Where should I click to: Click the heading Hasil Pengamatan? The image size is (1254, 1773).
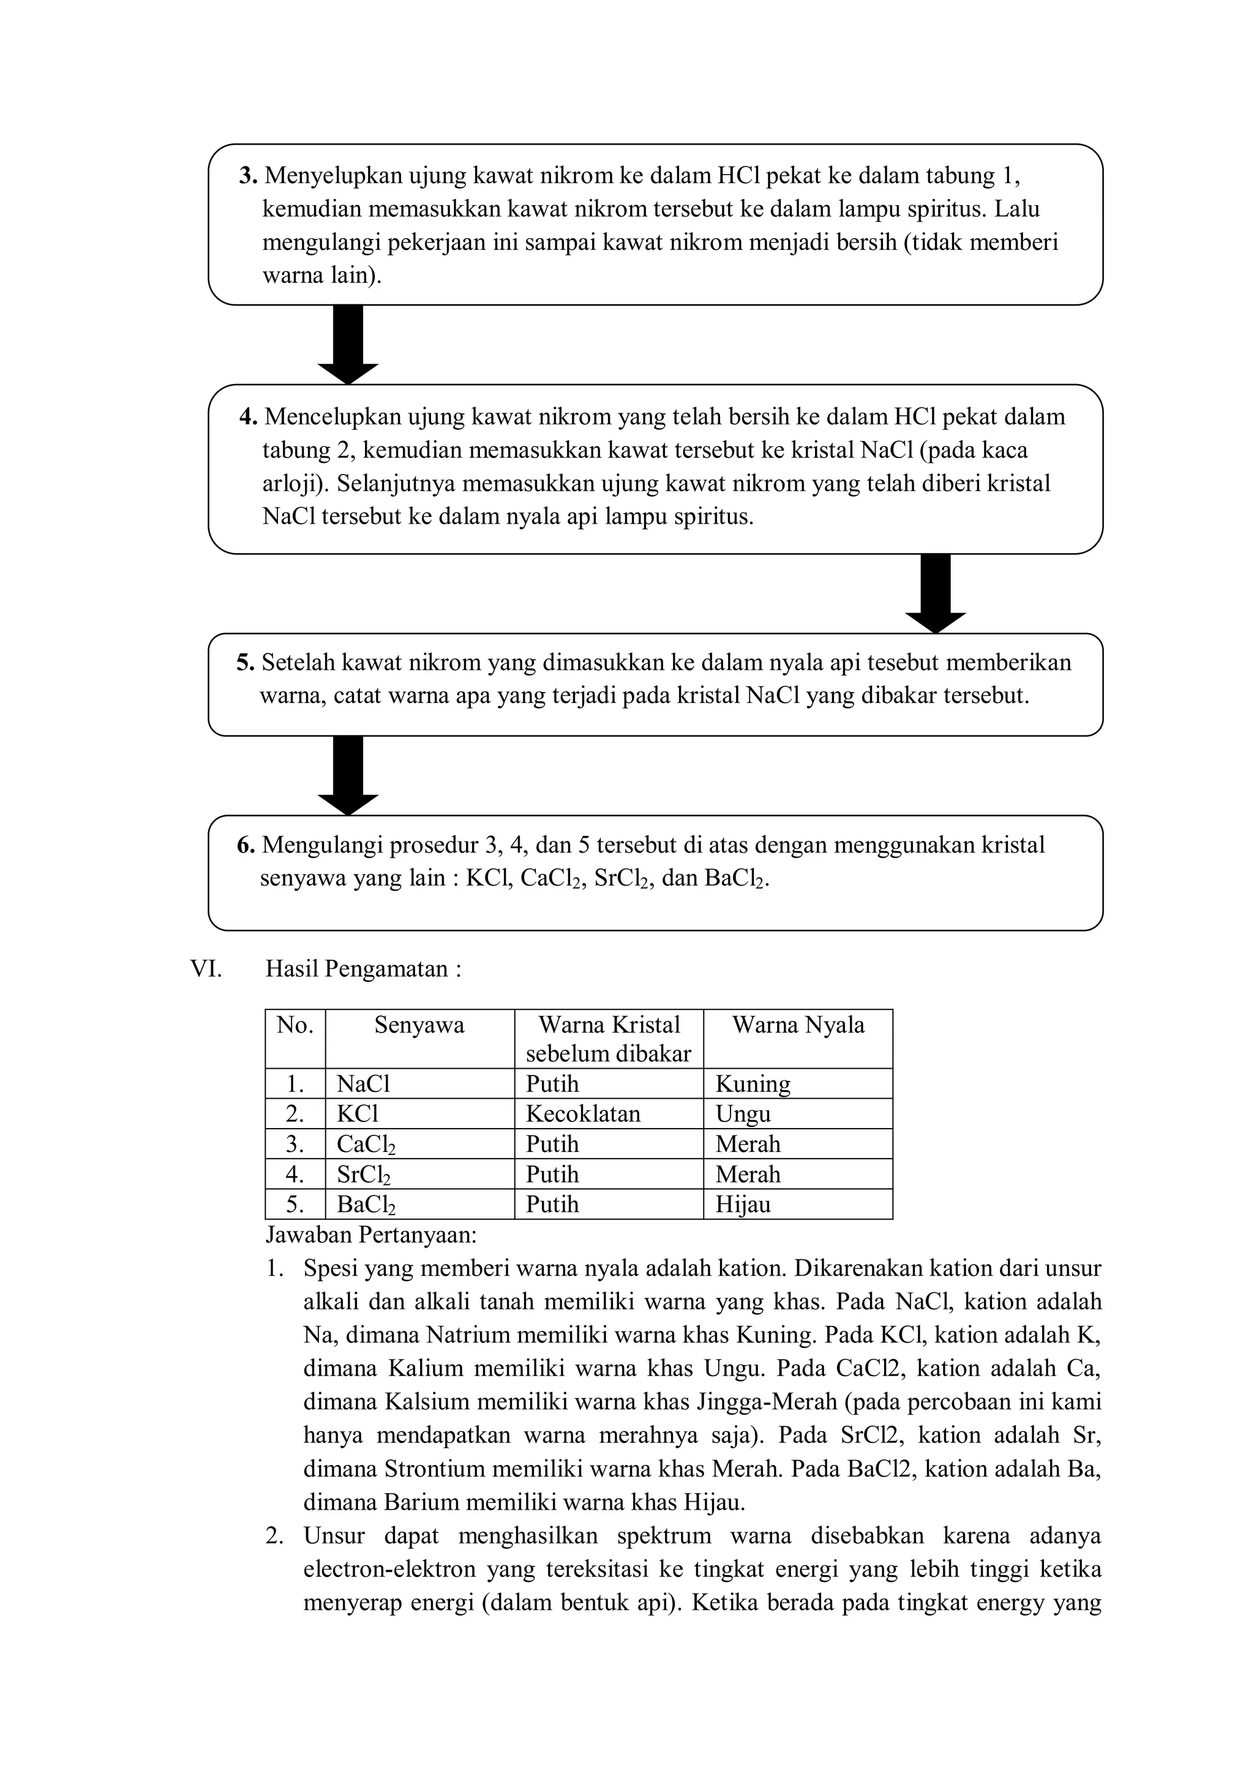pos(363,968)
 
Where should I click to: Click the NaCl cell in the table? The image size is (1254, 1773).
pos(364,1084)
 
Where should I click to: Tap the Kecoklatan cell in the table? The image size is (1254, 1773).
pos(583,1113)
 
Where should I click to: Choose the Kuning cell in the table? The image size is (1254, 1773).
pos(753,1084)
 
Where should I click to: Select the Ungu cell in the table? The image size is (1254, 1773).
pos(743,1113)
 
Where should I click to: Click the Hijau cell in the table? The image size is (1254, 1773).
pos(743,1204)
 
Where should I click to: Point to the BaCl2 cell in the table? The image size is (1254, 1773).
pos(366,1204)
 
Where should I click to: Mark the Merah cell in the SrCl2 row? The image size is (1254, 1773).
pos(748,1174)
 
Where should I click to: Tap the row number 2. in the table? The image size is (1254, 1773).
pos(295,1113)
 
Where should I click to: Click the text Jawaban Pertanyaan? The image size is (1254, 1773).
pos(372,1235)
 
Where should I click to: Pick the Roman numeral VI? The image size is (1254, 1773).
pos(205,968)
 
